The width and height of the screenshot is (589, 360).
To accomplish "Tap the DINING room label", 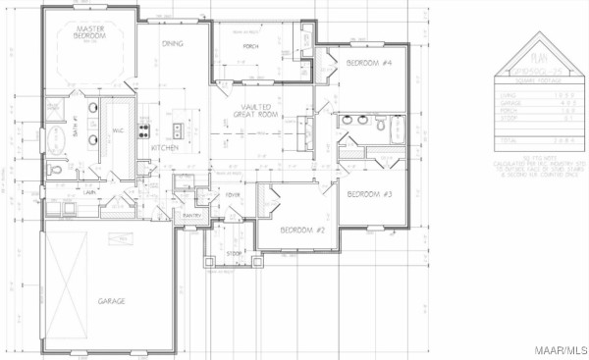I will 172,43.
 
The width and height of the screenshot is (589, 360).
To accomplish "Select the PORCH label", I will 250,45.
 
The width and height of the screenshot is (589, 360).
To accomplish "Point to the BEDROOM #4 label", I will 369,64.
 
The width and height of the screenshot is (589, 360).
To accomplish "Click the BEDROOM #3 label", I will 369,194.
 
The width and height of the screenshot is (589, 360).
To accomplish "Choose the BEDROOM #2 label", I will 301,230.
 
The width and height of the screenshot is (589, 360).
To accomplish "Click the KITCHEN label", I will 165,147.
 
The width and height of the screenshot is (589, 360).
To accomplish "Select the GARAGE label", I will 111,301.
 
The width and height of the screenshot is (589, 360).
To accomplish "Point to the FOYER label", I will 233,194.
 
